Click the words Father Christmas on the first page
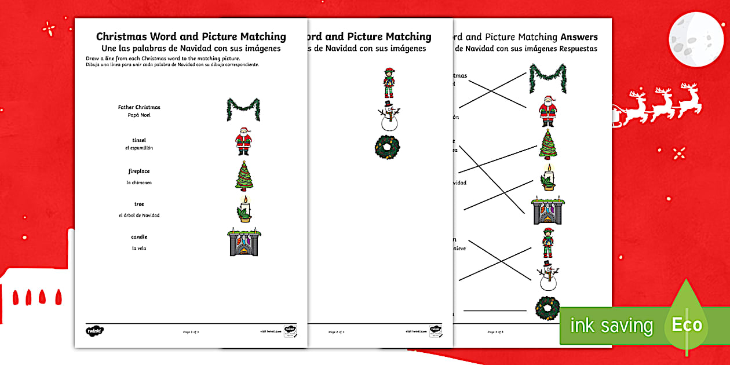point(139,107)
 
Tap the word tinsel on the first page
point(139,140)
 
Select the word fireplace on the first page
point(139,171)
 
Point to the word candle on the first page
point(139,236)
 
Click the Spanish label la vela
point(139,248)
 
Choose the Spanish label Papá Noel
point(139,115)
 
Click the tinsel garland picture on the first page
point(243,109)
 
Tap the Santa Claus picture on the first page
point(243,141)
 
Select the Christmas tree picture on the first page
point(244,175)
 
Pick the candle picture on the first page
point(244,209)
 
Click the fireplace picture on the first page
point(243,242)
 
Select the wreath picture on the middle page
point(387,147)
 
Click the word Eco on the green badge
point(687,325)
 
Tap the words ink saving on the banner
point(611,326)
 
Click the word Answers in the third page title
point(579,37)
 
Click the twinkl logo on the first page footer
point(95,331)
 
